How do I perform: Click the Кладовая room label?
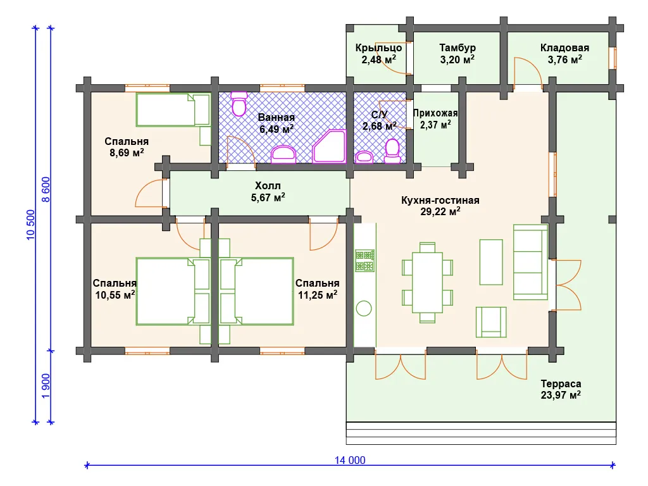point(564,48)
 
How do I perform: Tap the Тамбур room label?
point(457,48)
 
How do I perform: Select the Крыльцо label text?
point(378,48)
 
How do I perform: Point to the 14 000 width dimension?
point(350,460)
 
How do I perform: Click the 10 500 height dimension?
point(31,225)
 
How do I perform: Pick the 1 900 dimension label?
point(46,386)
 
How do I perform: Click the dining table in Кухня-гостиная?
point(427,282)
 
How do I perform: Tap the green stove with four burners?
point(364,260)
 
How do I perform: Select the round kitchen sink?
point(364,308)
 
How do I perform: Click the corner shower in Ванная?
point(329,146)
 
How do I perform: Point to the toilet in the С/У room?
point(392,151)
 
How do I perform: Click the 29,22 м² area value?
point(440,211)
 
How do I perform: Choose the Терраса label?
point(561,384)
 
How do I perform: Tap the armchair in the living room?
point(491,322)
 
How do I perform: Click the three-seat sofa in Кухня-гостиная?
point(531,262)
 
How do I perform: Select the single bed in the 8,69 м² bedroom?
point(173,109)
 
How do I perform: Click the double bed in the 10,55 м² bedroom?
point(173,291)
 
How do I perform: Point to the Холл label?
point(268,185)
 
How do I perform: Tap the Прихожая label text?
point(435,113)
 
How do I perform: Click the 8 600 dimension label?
point(46,189)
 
